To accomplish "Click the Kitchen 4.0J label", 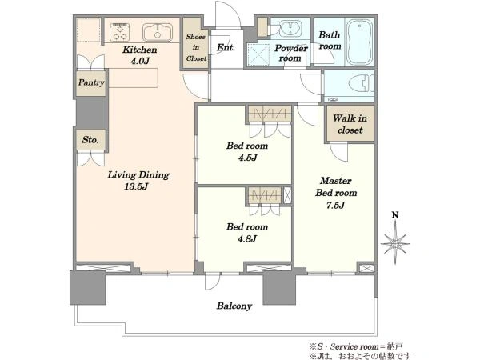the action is point(140,55).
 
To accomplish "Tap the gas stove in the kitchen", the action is point(119,32).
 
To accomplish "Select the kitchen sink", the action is point(158,32).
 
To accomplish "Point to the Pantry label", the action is point(91,82).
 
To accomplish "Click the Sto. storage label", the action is point(90,140).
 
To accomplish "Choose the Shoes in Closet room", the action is point(196,47).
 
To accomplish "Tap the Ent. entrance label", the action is point(226,47).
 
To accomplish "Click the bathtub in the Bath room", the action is point(359,42).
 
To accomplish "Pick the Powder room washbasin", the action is point(290,29).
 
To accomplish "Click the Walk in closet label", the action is point(350,124).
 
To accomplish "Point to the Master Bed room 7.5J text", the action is point(336,193).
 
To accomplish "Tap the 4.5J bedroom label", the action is point(247,151).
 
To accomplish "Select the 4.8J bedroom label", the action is point(247,232).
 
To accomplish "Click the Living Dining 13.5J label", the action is point(138,180).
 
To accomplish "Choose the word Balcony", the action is point(234,306).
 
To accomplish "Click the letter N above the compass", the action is point(395,215).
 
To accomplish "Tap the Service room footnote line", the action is point(356,346).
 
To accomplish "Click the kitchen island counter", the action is point(133,78).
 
